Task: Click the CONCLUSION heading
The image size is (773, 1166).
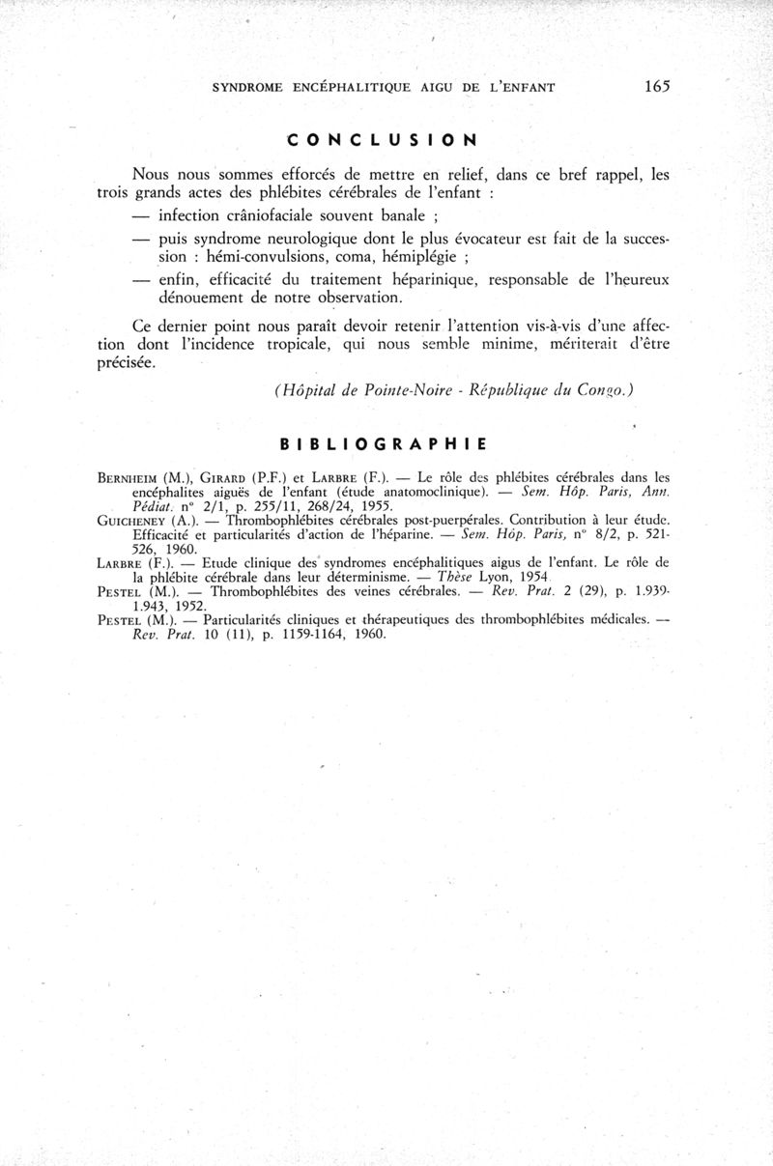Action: point(383,139)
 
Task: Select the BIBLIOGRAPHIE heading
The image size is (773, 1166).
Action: point(382,445)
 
